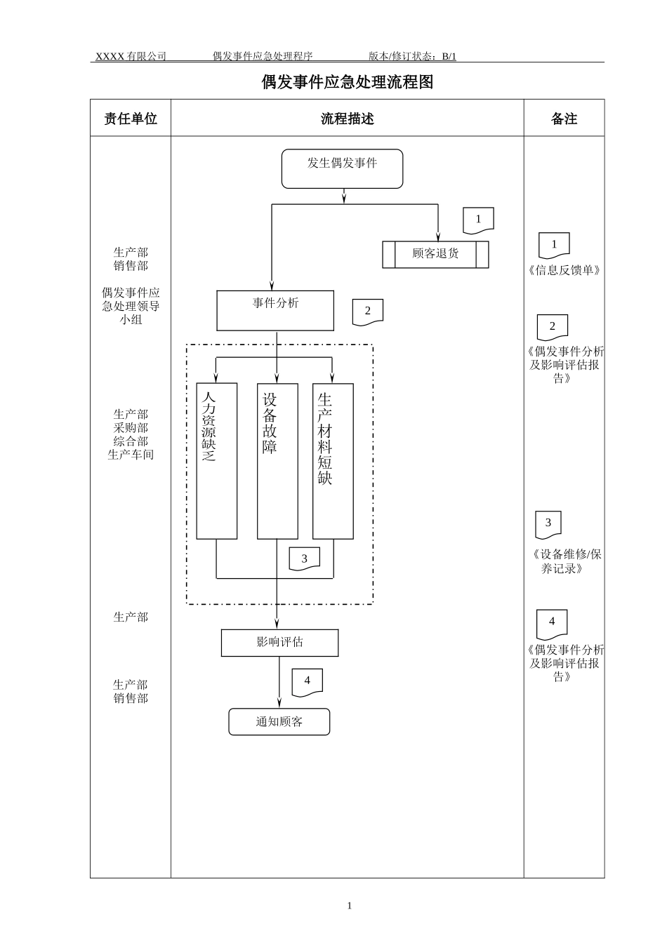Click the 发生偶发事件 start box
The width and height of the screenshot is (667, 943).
(x=342, y=168)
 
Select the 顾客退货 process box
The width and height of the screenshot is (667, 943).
(x=435, y=255)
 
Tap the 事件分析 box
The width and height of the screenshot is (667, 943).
(x=275, y=310)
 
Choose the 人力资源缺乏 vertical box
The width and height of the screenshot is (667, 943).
(x=216, y=461)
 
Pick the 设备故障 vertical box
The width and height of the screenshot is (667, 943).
(x=277, y=461)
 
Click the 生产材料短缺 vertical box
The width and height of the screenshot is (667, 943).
(x=333, y=461)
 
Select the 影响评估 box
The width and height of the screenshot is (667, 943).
(x=279, y=643)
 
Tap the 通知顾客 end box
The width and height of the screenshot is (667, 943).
(x=279, y=722)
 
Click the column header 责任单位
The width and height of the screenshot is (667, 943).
(x=131, y=119)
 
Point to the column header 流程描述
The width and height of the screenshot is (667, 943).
(x=347, y=119)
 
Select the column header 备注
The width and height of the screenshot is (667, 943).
(x=564, y=119)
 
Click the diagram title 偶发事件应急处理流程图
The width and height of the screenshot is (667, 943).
(x=348, y=82)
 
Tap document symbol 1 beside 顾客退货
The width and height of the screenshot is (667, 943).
(x=478, y=220)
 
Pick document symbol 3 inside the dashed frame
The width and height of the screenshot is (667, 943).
(x=304, y=559)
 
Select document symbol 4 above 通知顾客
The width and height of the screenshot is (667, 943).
(x=307, y=682)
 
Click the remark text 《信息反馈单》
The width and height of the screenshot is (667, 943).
(x=564, y=270)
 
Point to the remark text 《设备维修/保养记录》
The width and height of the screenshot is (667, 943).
(x=564, y=561)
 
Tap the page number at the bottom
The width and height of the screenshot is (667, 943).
(x=350, y=906)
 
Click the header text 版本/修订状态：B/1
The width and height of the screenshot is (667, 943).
(x=412, y=56)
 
